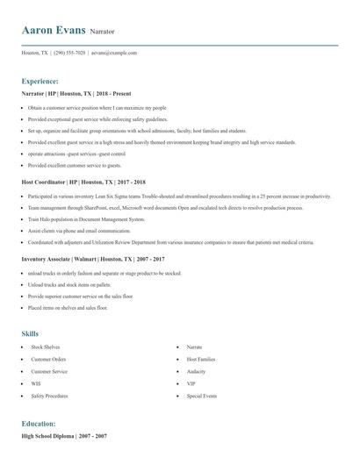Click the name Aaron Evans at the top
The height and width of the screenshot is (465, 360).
tap(54, 31)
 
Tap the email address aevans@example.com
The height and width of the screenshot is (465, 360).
tap(115, 53)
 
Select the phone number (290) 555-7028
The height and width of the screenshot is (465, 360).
tap(69, 53)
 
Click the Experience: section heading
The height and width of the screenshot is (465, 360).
tap(40, 81)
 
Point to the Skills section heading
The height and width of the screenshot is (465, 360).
tap(30, 333)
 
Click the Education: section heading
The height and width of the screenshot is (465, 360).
tap(39, 423)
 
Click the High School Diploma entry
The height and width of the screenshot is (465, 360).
tap(64, 436)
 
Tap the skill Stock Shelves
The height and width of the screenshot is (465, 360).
tap(47, 347)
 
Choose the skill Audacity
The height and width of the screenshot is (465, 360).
tap(196, 371)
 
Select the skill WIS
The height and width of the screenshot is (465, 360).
tap(37, 383)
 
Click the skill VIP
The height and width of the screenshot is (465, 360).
tap(191, 383)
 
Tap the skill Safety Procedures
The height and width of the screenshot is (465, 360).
tap(49, 396)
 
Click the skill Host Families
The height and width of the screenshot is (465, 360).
tap(200, 359)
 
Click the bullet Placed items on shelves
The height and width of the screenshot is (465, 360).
tap(68, 308)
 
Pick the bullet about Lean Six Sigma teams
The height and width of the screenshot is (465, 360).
tap(176, 197)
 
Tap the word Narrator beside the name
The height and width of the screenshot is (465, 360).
tap(105, 32)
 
